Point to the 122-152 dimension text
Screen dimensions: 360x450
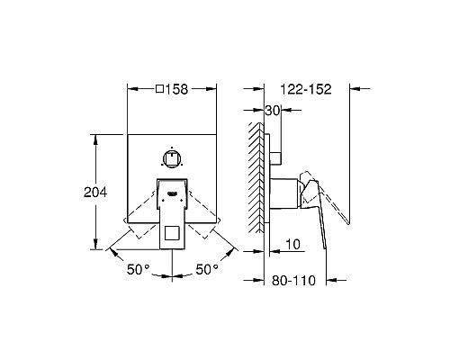[307, 90]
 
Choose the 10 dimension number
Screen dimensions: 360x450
[293, 244]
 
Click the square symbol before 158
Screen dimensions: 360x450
[160, 90]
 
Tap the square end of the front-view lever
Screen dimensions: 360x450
[171, 237]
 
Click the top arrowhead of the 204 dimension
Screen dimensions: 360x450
[95, 139]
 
